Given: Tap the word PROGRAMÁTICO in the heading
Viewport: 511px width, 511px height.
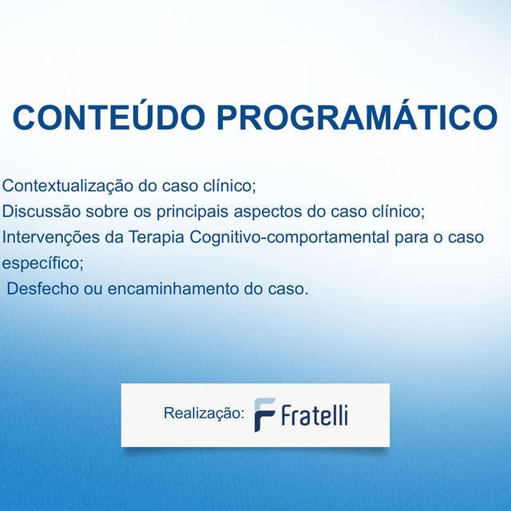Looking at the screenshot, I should [357, 118].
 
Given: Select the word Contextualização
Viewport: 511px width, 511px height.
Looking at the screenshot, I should [68, 186].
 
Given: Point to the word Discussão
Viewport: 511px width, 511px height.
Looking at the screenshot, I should [36, 212].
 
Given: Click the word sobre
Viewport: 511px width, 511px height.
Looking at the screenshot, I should [97, 212].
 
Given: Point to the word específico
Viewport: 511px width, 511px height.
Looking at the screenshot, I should [42, 263].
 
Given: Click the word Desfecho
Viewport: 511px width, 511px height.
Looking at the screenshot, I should [42, 288].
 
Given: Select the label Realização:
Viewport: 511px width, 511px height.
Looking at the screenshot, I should [204, 414].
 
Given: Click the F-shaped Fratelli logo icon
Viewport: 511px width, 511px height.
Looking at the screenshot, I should [264, 414].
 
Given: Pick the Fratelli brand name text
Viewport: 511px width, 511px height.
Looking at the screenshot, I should [314, 415].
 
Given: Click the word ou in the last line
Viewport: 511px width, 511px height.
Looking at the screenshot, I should [93, 288].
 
